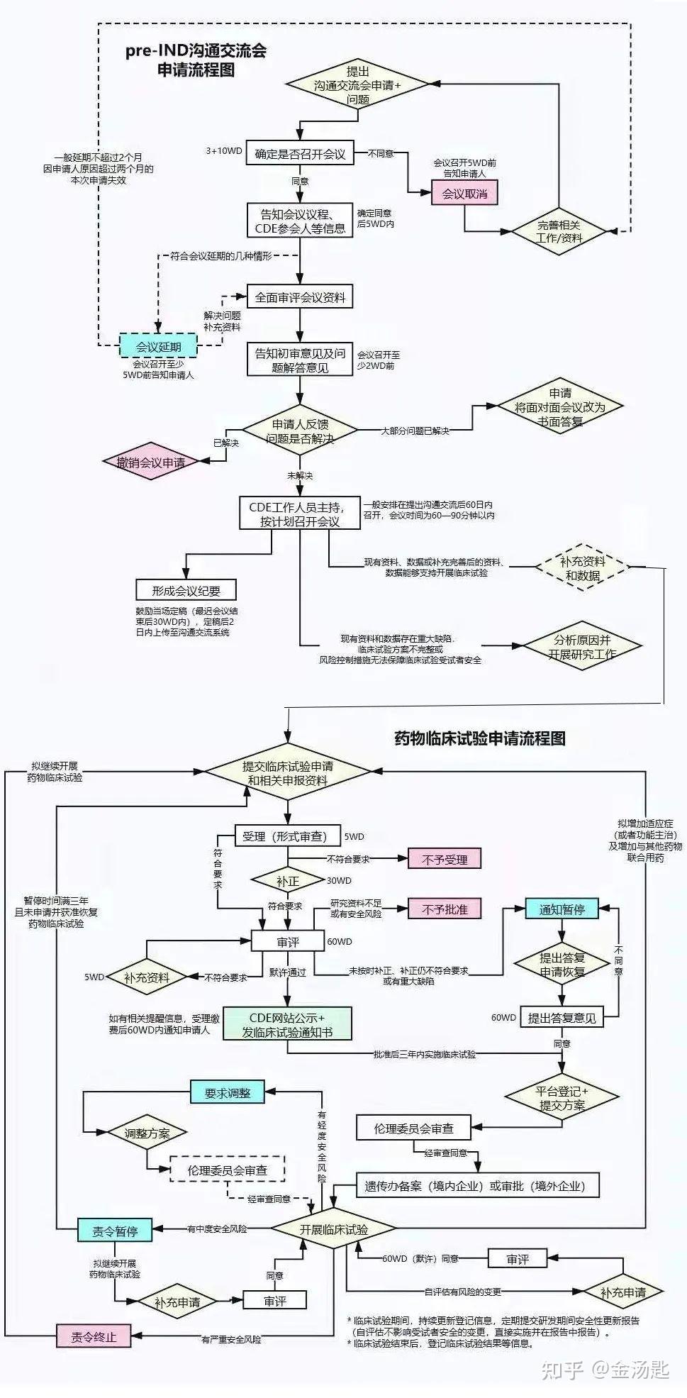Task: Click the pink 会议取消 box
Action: (464, 193)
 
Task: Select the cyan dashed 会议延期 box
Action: (158, 347)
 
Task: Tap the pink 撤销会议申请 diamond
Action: (150, 462)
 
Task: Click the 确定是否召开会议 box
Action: (300, 154)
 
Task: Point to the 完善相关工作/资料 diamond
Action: (559, 231)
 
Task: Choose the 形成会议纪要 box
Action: (186, 590)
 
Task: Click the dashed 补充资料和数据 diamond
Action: (582, 568)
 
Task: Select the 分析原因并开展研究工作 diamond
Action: (581, 647)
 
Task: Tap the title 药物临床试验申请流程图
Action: (479, 738)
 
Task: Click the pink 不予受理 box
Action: (445, 859)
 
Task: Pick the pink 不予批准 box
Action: (445, 909)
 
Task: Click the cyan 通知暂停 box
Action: (562, 909)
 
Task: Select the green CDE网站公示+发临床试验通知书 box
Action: (287, 1024)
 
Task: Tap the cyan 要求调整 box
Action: (227, 1093)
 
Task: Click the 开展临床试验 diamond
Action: (333, 1230)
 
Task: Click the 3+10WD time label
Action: (223, 151)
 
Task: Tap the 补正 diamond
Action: (287, 881)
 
